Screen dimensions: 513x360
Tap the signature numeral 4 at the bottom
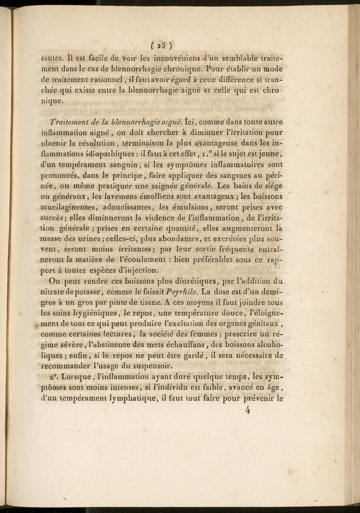[247, 410]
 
